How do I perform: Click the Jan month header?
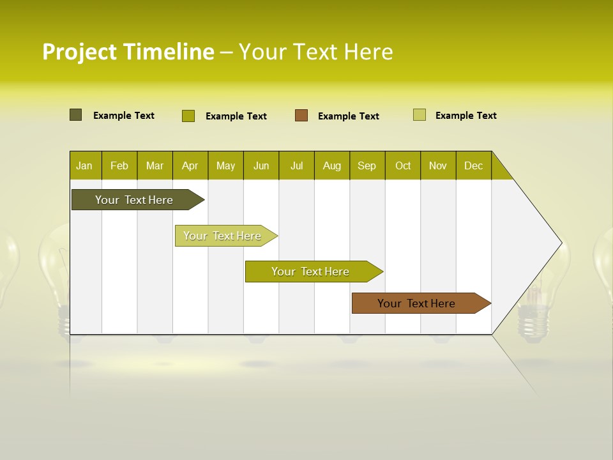pyautogui.click(x=84, y=165)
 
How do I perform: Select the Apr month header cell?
pyautogui.click(x=190, y=165)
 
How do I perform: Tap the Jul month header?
pyautogui.click(x=296, y=165)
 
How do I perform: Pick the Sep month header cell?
pyautogui.click(x=367, y=165)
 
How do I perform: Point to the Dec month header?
pyautogui.click(x=473, y=165)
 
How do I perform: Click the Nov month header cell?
pyautogui.click(x=438, y=165)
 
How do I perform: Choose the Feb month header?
pyautogui.click(x=119, y=165)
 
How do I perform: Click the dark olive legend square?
pyautogui.click(x=76, y=115)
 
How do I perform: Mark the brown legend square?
pyautogui.click(x=301, y=115)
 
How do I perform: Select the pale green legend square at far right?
pyautogui.click(x=420, y=115)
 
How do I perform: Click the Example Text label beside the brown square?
pyautogui.click(x=348, y=116)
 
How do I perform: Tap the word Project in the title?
pyautogui.click(x=80, y=52)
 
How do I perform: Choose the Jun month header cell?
pyautogui.click(x=261, y=165)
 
